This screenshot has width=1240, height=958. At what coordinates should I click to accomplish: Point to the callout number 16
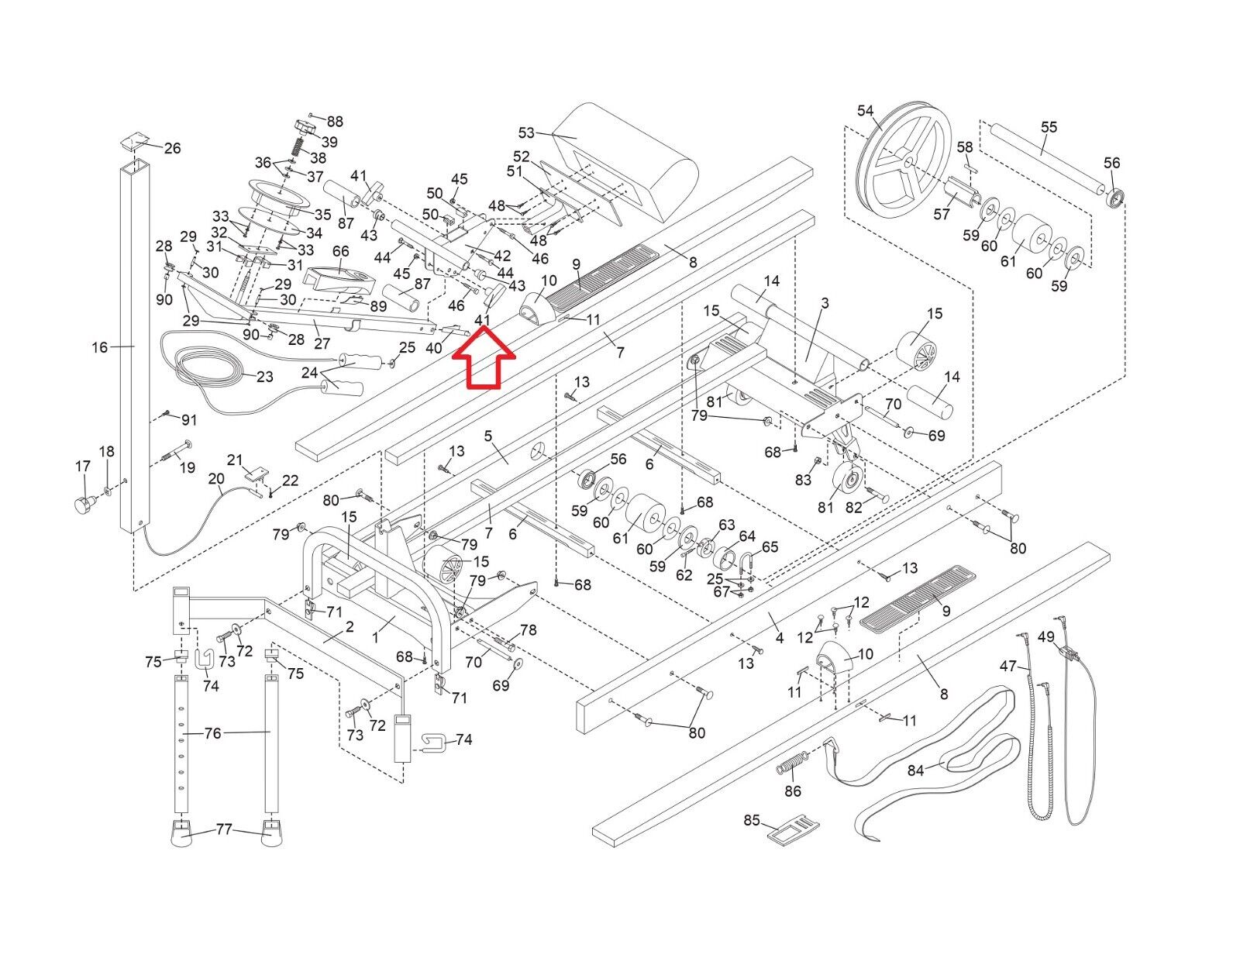(100, 347)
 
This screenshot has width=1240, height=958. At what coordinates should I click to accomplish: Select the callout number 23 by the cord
(265, 377)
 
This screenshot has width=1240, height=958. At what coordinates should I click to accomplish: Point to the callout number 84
(916, 770)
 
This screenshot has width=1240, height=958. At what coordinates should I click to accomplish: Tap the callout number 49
(1046, 637)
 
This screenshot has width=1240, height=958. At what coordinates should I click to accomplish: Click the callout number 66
(341, 251)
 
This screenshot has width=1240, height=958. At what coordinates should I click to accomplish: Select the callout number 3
(825, 303)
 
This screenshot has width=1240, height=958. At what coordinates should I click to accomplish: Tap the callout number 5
(489, 436)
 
